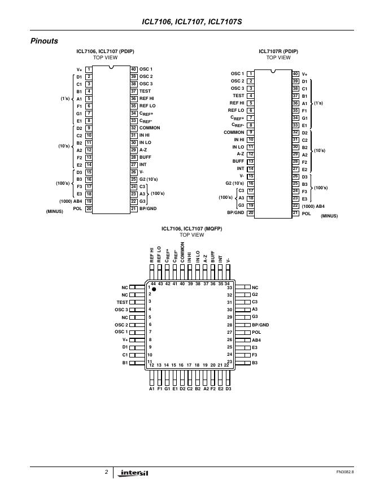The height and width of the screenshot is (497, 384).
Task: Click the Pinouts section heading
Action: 44,41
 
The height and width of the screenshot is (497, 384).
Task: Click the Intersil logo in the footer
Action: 134,473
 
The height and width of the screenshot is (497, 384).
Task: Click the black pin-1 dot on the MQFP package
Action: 154,289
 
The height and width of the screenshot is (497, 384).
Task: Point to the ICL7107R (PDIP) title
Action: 278,51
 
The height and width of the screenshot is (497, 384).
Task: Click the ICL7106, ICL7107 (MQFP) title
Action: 192,229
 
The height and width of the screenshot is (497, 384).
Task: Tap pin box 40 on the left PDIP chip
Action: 133,69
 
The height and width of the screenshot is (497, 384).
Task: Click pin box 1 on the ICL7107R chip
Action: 250,73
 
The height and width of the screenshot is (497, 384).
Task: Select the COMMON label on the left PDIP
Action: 150,128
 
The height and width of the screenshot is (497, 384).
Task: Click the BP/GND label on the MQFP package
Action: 260,325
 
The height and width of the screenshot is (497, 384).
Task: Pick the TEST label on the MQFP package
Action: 122,302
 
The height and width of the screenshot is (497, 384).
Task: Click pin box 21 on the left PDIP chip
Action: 133,208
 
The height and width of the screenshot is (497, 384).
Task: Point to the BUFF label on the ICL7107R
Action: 238,161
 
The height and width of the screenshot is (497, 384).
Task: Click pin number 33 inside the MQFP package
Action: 229,287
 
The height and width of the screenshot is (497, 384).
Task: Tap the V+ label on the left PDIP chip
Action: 79,69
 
